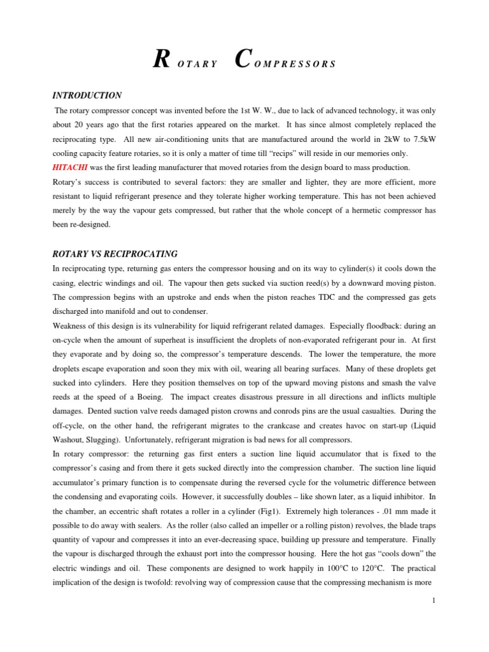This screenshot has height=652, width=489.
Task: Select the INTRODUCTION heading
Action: (x=87, y=96)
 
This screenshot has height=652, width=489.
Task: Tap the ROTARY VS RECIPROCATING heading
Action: (x=115, y=254)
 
